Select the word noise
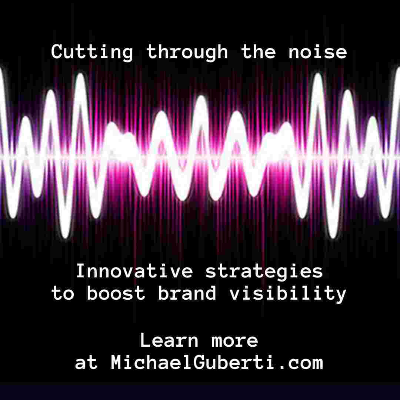point(318,52)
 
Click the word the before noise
point(259,52)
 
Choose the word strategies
point(264,272)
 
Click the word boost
point(116,293)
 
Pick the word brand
point(187,293)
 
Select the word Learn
point(169,340)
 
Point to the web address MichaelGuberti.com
point(217,362)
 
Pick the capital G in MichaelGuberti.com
point(199,362)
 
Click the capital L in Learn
point(146,340)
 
